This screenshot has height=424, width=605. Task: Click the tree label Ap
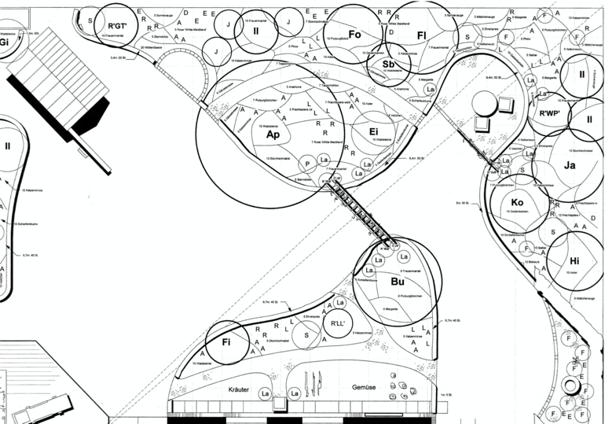coord(273,135)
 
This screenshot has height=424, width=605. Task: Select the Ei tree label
coord(373,132)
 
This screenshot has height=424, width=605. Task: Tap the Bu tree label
coord(397,281)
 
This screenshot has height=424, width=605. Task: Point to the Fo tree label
coord(354,35)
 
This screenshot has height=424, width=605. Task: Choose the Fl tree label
coord(421,35)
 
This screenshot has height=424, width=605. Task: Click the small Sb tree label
coord(388,64)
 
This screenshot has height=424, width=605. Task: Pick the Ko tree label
coord(517,203)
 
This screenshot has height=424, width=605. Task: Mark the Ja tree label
coord(570,165)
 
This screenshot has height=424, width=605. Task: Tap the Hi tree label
coord(574,261)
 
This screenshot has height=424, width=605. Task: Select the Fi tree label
coord(226,342)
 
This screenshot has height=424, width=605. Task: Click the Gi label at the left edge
coord(4,42)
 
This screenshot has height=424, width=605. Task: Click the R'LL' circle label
coord(338,323)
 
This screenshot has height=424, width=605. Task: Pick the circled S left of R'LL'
coord(306,334)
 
